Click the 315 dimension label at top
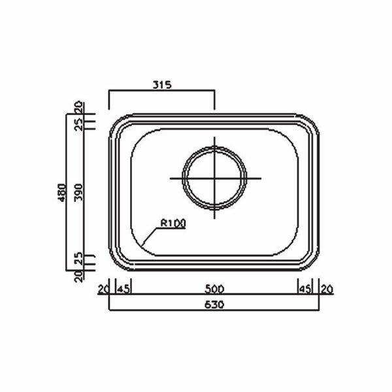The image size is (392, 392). pos(162,85)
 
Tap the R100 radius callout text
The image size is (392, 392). pos(173,223)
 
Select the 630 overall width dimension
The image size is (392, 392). pos(214,304)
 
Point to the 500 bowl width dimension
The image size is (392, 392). pos(214,289)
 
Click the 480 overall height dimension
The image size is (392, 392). pos(61,193)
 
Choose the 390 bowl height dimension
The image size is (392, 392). pos(79,193)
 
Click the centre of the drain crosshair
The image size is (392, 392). pos(214,178)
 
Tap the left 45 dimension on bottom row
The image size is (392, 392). pos(123,289)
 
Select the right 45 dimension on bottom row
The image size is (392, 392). pos(305,289)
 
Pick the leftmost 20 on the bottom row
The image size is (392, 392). pos(103,289)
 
